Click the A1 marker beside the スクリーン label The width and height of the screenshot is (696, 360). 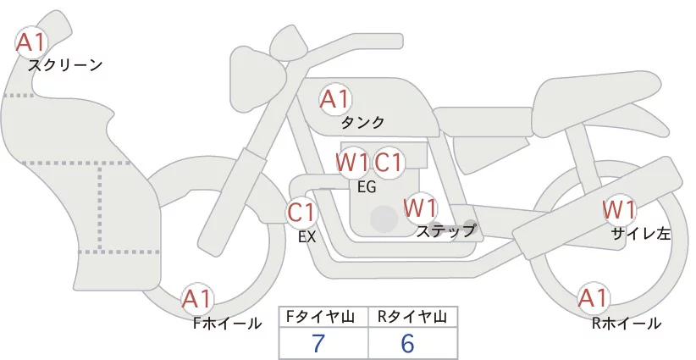click(x=31, y=42)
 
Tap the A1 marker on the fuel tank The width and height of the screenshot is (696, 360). click(x=335, y=99)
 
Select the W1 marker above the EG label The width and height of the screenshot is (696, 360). click(x=352, y=163)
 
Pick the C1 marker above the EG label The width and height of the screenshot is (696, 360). click(x=389, y=163)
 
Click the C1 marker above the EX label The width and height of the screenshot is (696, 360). click(x=301, y=212)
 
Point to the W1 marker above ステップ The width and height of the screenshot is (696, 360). click(x=420, y=208)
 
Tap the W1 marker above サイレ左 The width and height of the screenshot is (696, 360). click(x=619, y=210)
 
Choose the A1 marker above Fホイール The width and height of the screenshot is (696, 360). click(x=197, y=299)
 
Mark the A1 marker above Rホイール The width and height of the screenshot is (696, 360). click(x=593, y=298)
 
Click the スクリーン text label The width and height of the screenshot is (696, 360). click(x=65, y=66)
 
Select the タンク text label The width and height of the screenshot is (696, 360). click(x=362, y=122)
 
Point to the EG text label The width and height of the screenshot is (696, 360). click(x=367, y=187)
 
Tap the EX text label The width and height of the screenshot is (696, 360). click(x=307, y=237)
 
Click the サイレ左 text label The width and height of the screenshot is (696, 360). click(x=641, y=234)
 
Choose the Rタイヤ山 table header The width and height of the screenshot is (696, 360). click(x=412, y=317)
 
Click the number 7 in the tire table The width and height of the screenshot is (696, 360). click(x=318, y=343)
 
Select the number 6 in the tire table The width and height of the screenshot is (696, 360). click(x=407, y=343)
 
